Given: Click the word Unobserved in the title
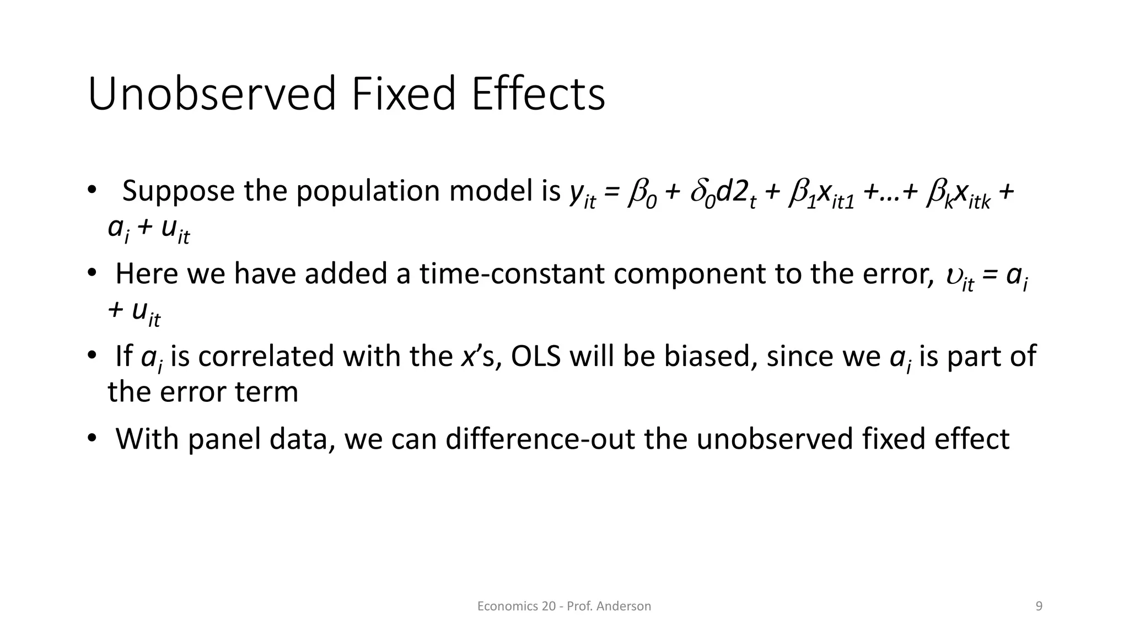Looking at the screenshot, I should [x=212, y=94].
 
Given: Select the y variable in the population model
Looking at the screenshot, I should [x=577, y=193].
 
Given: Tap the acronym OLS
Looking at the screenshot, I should [x=535, y=356].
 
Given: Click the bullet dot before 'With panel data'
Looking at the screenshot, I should [x=92, y=439].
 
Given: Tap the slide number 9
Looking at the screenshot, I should [x=1039, y=606].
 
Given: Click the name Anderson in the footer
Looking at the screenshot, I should [x=623, y=606].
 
